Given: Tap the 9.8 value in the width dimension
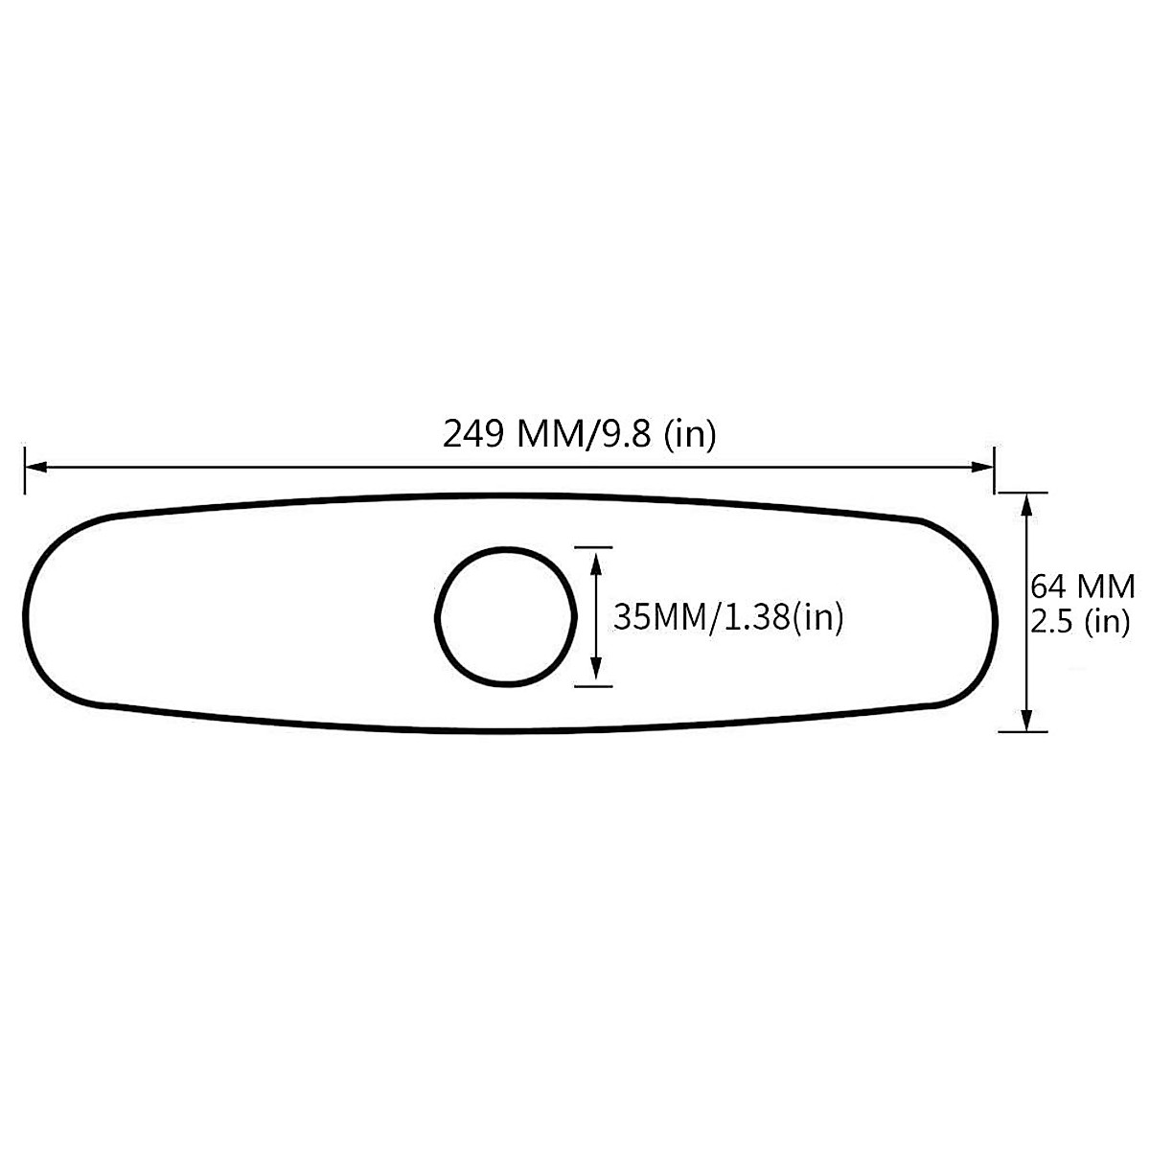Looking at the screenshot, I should (628, 435).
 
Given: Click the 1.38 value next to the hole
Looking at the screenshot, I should (748, 616).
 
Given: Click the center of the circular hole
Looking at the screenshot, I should (506, 616).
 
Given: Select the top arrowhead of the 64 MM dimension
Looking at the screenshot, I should (1026, 502).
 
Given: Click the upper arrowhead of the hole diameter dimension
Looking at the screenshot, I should (596, 557).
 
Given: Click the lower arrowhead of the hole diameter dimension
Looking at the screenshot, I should (596, 676).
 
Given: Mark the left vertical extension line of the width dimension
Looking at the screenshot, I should (24, 470).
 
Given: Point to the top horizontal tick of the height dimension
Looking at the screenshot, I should (1023, 493).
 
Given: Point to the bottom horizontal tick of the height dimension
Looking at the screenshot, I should (1023, 731).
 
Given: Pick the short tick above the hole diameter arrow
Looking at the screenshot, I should (593, 547).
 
